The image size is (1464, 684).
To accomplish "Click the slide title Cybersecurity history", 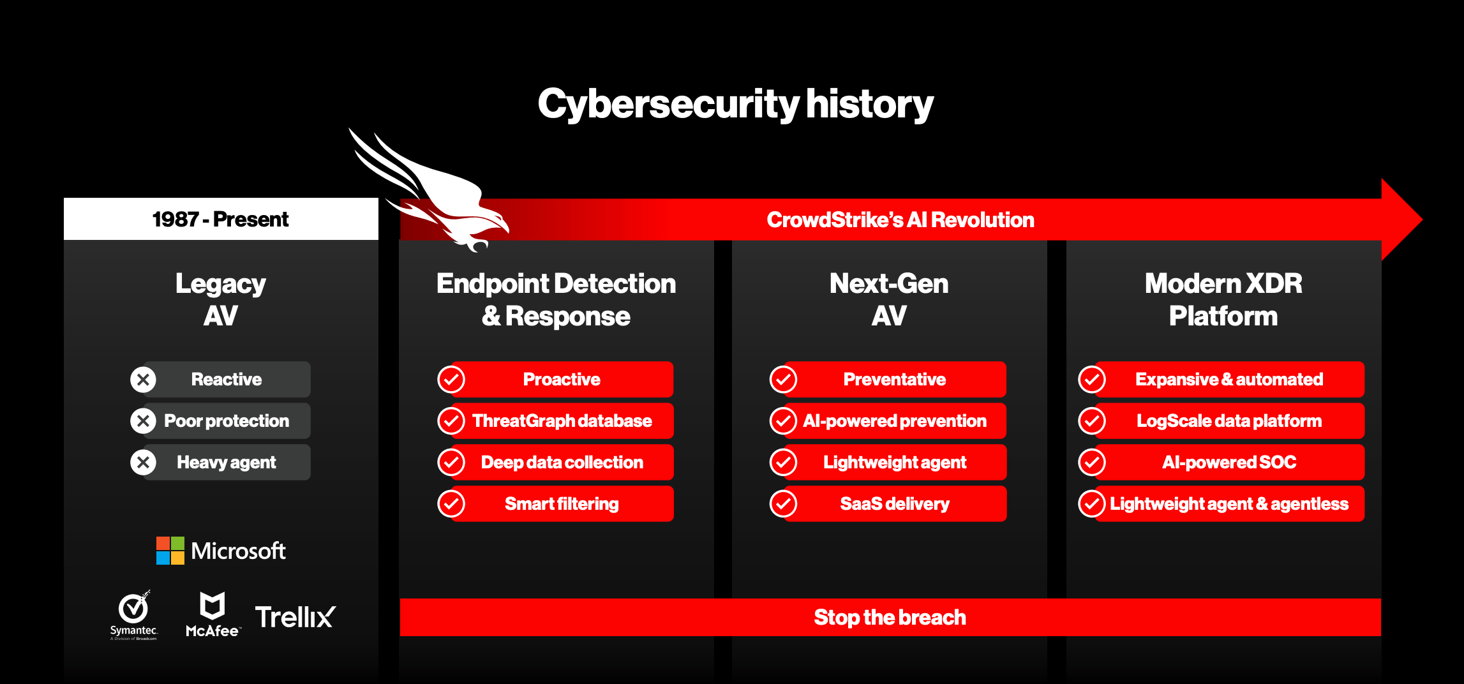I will [735, 104].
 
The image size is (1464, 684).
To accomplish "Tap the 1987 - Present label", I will [220, 219].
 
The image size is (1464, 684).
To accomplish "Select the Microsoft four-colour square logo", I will [170, 551].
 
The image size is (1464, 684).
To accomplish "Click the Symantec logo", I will [134, 614].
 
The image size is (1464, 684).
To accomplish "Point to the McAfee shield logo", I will [213, 606].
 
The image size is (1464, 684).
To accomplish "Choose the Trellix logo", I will [295, 617].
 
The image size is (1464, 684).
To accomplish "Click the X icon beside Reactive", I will [144, 380].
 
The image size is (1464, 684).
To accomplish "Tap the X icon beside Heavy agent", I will [144, 462].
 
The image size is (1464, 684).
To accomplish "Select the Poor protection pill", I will [227, 420].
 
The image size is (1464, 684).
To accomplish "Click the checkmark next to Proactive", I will [451, 380].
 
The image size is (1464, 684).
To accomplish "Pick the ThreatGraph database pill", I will [562, 420].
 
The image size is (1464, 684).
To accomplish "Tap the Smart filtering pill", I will [562, 503].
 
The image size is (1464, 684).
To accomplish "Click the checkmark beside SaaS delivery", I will [783, 503].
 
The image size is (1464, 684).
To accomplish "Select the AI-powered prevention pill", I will [895, 420].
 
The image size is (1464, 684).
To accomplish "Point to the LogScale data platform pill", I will [1229, 420].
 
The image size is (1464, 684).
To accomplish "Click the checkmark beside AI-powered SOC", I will [1092, 462].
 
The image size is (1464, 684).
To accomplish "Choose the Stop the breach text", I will [890, 617].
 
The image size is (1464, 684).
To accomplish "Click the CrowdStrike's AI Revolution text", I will [900, 219].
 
